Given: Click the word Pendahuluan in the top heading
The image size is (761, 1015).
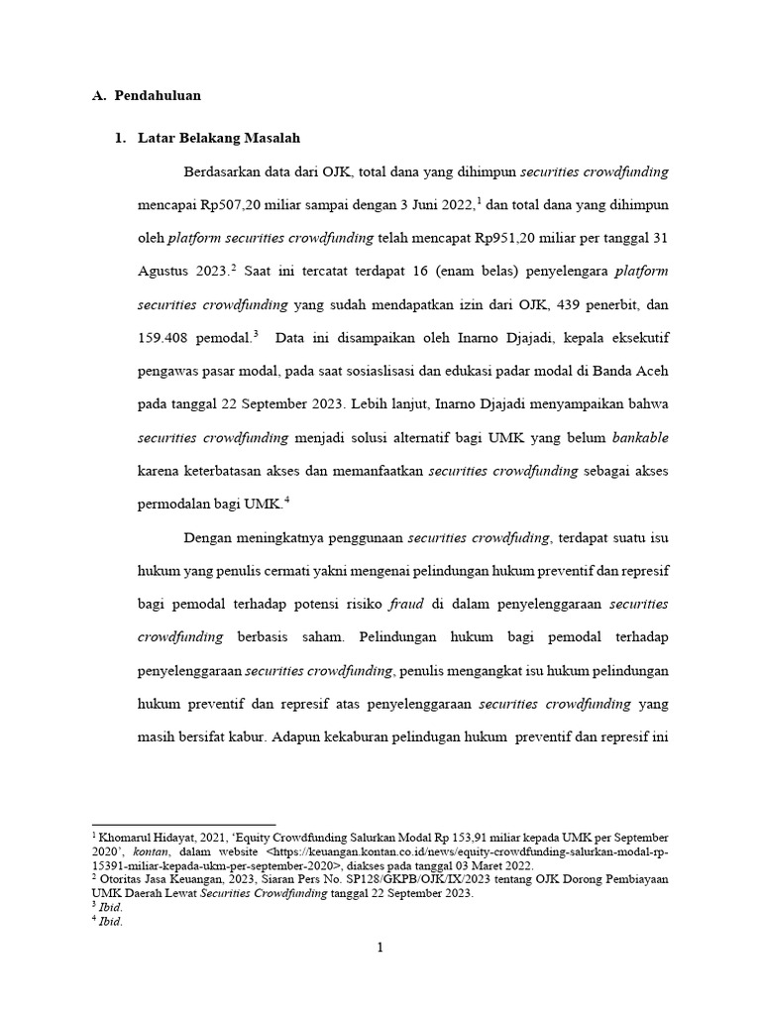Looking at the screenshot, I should click(158, 96).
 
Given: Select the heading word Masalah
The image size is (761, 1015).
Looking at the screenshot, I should click(268, 138).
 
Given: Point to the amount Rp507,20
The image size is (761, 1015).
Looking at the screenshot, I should click(230, 205).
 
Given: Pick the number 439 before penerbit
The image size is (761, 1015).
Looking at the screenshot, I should click(558, 305).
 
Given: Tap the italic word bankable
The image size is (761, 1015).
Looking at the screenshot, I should click(640, 438).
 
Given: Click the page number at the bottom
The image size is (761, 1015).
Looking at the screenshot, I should click(380, 949).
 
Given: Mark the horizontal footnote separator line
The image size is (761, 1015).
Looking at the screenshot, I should click(169, 825).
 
